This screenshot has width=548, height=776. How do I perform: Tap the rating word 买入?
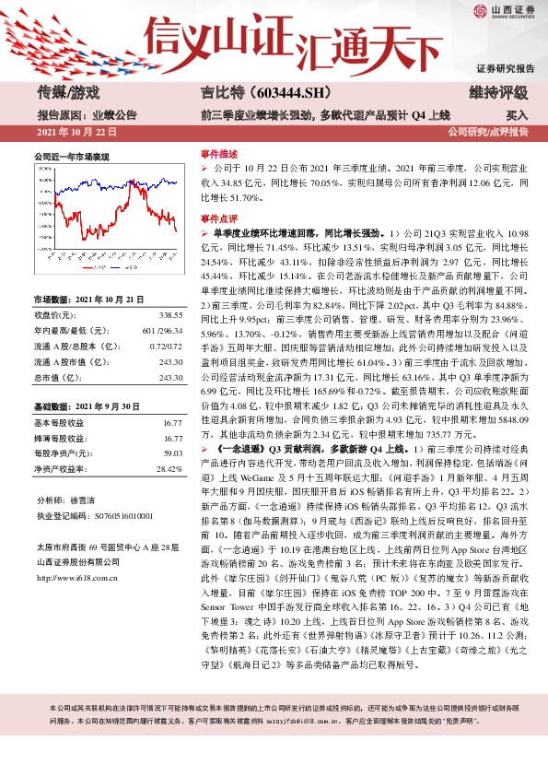[x=518, y=116]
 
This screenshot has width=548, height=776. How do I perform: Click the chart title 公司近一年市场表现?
[x=71, y=158]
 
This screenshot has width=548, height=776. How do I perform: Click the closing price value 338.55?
[x=170, y=314]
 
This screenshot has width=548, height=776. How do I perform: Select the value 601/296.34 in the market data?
[x=162, y=331]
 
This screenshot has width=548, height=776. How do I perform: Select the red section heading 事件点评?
[x=217, y=219]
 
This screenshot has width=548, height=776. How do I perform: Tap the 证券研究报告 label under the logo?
[x=505, y=69]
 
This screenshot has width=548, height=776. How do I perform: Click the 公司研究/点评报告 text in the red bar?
[x=487, y=133]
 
